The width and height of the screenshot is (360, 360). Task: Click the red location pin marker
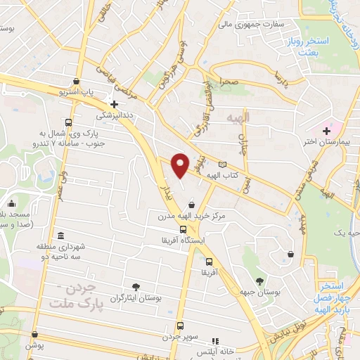[181, 165]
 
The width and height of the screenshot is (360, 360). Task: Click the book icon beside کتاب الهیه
[223, 164]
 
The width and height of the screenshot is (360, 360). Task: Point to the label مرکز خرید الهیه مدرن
[193, 217]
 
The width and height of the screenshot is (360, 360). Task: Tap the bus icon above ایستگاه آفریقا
[183, 229]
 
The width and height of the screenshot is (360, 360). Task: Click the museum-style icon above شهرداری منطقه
[61, 236]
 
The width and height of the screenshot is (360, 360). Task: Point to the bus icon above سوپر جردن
[181, 326]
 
